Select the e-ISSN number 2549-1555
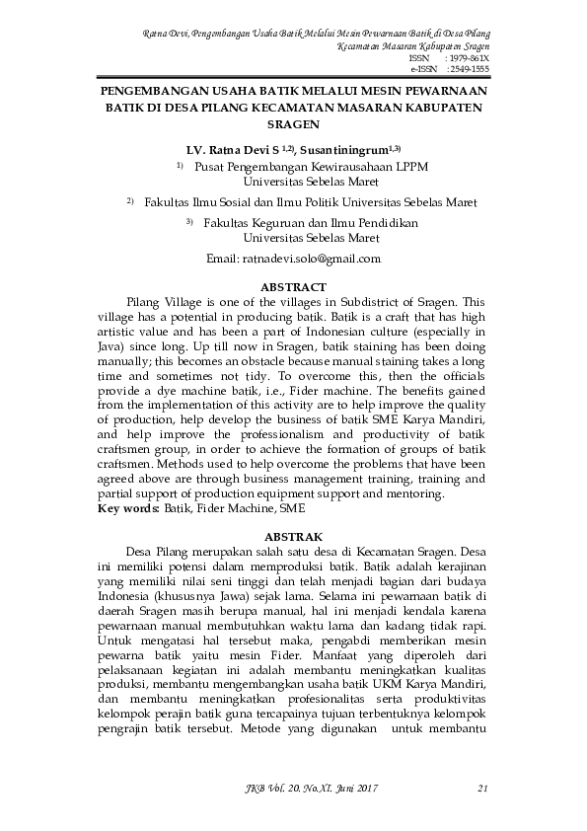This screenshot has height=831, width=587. coord(468,70)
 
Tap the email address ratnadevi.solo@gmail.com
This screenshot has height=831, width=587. coord(293,259)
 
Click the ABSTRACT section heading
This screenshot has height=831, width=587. coord(292,287)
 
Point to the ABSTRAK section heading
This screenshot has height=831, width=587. coord(292,535)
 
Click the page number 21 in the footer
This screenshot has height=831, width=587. coord(482,788)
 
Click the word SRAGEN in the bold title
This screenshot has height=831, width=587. coord(293,125)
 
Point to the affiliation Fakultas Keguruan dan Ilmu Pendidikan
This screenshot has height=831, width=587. coord(310,224)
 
